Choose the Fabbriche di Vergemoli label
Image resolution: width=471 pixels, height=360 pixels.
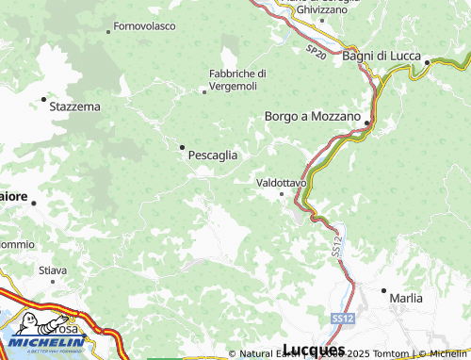coord(237,79)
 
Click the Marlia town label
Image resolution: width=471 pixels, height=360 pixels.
coord(406,298)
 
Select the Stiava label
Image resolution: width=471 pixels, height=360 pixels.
coord(53,270)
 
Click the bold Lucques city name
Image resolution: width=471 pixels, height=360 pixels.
coord(313,351)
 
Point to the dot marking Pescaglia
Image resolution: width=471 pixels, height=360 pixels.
coord(182,146)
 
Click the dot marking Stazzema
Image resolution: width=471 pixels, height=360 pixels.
coord(43,98)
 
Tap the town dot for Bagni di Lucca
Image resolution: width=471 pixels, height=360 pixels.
coord(427,63)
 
